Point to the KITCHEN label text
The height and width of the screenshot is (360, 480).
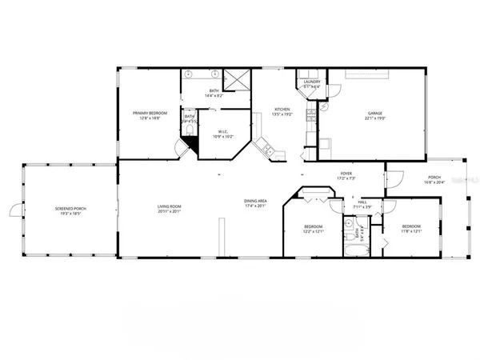(x=282, y=110)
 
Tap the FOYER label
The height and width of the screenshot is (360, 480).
(x=346, y=172)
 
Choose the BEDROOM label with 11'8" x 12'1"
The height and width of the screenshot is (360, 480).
(x=411, y=227)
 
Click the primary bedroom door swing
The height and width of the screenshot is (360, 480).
(x=181, y=150)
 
